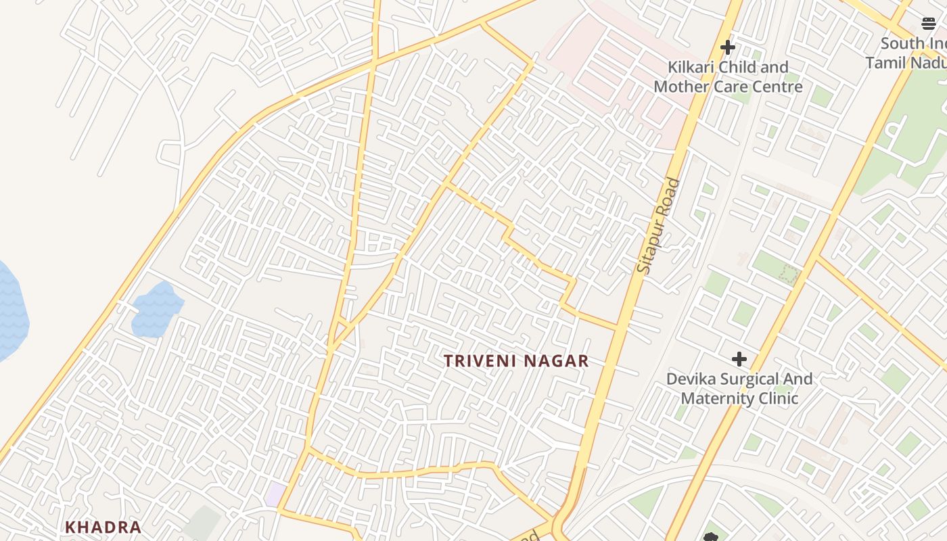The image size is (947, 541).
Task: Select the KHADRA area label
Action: click(103, 527)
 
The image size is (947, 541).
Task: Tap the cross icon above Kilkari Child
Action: click(728, 47)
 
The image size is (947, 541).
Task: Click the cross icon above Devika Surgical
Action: click(739, 358)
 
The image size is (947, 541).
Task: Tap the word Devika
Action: click(691, 379)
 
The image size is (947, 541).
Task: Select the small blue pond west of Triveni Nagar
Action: click(156, 310)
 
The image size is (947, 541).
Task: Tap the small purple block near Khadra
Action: click(275, 494)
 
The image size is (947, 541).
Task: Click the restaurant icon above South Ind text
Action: click(929, 24)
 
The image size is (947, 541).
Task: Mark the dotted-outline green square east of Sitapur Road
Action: click(787, 274)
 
